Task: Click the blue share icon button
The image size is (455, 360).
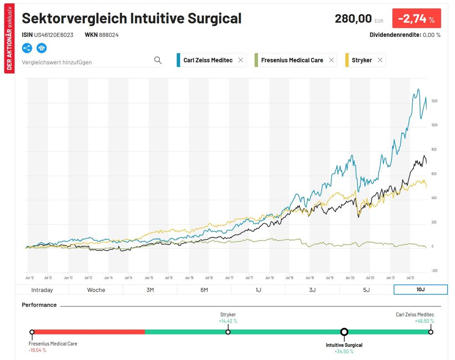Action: pyautogui.click(x=27, y=48)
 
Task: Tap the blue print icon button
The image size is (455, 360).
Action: pyautogui.click(x=42, y=48)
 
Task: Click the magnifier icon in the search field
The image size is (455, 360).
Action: pyautogui.click(x=158, y=60)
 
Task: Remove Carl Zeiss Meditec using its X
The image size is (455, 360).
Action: pyautogui.click(x=240, y=60)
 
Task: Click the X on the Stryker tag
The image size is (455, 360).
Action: pyautogui.click(x=380, y=60)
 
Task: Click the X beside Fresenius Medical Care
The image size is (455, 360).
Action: pyautogui.click(x=331, y=60)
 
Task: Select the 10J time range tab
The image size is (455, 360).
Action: pyautogui.click(x=420, y=290)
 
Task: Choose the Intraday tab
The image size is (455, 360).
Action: pyautogui.click(x=42, y=290)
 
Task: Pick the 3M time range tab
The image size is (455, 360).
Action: pyautogui.click(x=150, y=290)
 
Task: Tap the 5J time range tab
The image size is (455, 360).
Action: pyautogui.click(x=366, y=290)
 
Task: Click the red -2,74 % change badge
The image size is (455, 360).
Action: pyautogui.click(x=416, y=19)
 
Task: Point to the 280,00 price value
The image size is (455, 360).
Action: pyautogui.click(x=353, y=19)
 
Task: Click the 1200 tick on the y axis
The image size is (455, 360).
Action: pyautogui.click(x=434, y=101)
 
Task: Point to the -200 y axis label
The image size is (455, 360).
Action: pyautogui.click(x=434, y=270)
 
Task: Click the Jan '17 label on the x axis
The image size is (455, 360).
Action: pyautogui.click(x=229, y=277)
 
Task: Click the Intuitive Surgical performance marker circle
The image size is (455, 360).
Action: pyautogui.click(x=344, y=332)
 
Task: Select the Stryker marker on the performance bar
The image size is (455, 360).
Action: pyautogui.click(x=228, y=332)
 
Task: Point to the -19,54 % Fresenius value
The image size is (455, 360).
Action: pyautogui.click(x=37, y=350)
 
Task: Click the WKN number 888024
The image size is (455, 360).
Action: pyautogui.click(x=108, y=35)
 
